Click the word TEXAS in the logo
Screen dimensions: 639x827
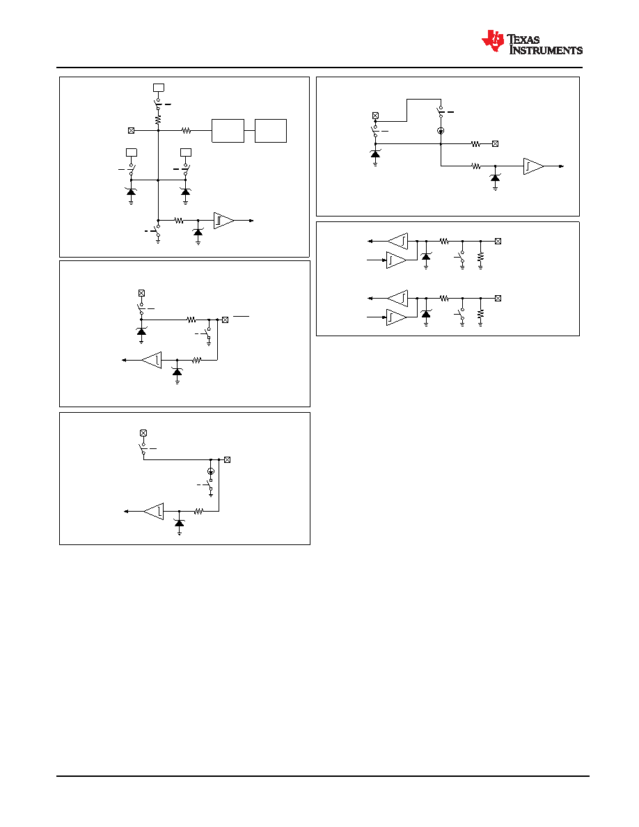point(523,39)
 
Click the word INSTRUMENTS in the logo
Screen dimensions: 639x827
point(546,50)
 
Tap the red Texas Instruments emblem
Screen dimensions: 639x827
point(493,41)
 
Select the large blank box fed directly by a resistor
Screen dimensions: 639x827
point(228,131)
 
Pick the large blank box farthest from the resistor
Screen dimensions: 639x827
point(271,131)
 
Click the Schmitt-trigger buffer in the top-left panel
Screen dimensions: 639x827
point(223,221)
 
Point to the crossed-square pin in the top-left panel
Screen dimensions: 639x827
point(132,130)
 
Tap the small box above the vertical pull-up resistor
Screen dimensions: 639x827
point(158,88)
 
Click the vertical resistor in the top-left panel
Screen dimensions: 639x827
point(158,121)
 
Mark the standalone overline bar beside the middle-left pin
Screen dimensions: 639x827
point(241,317)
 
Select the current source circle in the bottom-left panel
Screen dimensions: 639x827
point(211,471)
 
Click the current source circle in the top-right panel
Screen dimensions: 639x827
point(441,130)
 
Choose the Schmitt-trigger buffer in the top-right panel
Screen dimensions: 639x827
point(533,166)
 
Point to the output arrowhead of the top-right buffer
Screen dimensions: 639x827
point(562,166)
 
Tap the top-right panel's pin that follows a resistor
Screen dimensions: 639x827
point(495,143)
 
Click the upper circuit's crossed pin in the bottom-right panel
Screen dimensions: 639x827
point(498,241)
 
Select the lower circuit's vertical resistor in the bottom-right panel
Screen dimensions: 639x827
point(480,314)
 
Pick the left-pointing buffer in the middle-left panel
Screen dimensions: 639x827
point(152,360)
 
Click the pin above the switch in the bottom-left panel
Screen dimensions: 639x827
point(143,433)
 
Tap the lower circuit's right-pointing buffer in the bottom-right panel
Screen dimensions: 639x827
point(397,317)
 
